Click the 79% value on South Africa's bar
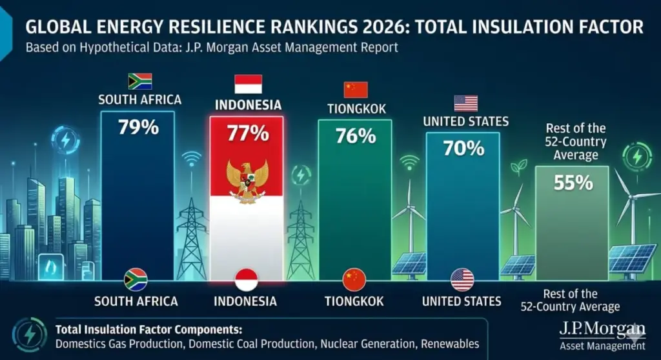click(x=138, y=127)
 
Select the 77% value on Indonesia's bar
click(x=247, y=134)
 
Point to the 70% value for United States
click(x=463, y=148)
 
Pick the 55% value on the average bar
click(x=573, y=183)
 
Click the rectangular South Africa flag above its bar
click(x=140, y=81)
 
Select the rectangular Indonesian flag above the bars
click(x=248, y=85)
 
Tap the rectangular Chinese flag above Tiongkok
click(x=356, y=89)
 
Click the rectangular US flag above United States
click(x=465, y=103)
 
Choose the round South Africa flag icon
click(x=136, y=279)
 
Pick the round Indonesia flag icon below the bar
click(x=246, y=279)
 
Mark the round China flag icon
click(x=354, y=279)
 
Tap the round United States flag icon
click(x=462, y=279)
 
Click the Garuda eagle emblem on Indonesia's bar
click(x=247, y=181)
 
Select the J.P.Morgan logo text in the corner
click(x=602, y=332)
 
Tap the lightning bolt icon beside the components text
click(x=29, y=332)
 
